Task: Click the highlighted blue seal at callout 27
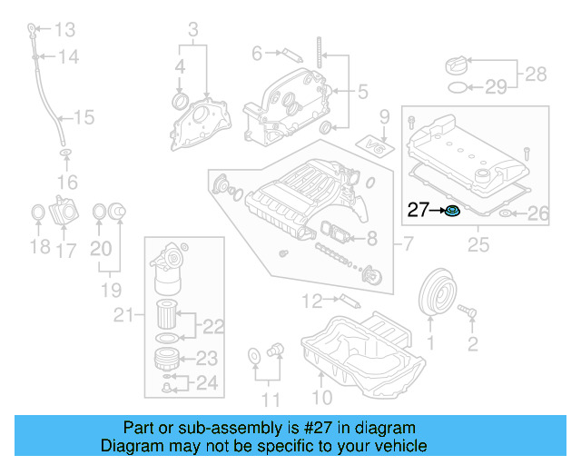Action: click(x=452, y=212)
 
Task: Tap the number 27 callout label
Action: click(x=418, y=211)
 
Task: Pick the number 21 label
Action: click(x=122, y=315)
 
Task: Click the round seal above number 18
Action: click(x=37, y=213)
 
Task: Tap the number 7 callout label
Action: click(x=408, y=243)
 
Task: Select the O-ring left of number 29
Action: click(x=460, y=88)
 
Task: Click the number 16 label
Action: click(x=65, y=183)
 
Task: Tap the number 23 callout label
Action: click(x=207, y=358)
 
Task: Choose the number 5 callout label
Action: click(x=362, y=92)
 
